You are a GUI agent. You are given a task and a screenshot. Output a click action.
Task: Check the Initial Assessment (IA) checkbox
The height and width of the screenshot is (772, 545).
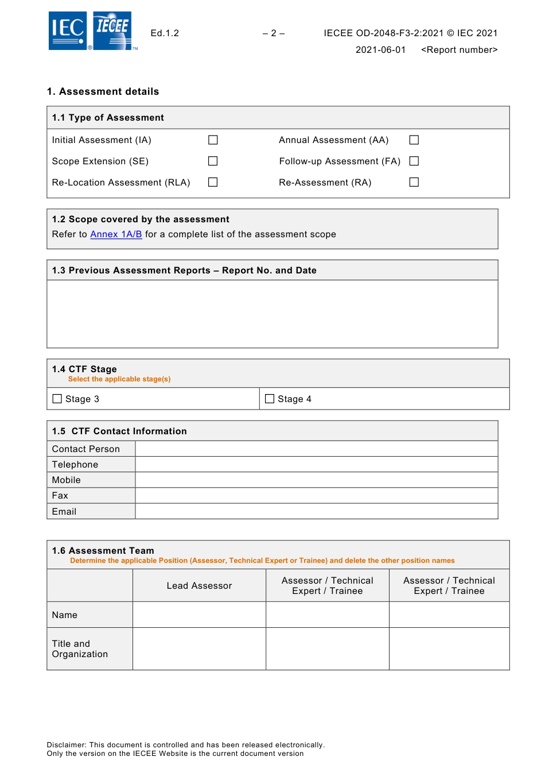213,140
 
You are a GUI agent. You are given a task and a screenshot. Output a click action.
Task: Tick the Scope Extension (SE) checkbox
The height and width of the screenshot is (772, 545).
213,161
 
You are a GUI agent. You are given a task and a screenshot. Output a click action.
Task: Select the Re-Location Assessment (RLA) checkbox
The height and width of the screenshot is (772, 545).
213,182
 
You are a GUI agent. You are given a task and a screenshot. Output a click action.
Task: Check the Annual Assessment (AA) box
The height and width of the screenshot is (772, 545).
414,140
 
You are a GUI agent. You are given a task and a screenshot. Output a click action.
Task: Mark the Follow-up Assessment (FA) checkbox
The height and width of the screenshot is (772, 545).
414,161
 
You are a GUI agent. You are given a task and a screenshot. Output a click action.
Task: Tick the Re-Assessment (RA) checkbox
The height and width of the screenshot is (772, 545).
414,182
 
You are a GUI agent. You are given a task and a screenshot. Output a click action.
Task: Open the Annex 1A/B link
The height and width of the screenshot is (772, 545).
116,234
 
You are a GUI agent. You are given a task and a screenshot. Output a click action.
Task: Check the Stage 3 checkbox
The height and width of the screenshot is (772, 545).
57,399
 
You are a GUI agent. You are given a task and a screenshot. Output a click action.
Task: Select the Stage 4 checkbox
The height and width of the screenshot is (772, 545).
270,399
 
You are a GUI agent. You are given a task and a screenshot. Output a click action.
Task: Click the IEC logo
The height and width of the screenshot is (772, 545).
68,30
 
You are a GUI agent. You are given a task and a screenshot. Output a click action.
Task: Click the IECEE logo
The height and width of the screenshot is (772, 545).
112,30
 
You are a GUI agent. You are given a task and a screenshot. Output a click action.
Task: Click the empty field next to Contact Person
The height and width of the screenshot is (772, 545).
316,449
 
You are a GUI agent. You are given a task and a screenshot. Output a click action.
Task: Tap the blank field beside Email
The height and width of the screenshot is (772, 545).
316,511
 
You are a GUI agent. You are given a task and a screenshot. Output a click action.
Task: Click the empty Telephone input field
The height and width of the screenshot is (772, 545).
316,465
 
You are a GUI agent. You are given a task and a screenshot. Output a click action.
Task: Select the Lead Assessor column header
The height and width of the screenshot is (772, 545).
199,586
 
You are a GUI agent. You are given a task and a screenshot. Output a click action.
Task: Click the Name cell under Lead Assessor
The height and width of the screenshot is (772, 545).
199,615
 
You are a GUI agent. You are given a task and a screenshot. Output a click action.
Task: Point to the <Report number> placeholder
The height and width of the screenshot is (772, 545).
459,50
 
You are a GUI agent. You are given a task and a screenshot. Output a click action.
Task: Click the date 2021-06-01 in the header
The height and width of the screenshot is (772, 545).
380,50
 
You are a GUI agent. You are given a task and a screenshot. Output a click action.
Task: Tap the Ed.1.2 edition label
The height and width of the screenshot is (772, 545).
165,33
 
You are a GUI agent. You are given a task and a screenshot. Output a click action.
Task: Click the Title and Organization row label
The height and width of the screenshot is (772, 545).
80,649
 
